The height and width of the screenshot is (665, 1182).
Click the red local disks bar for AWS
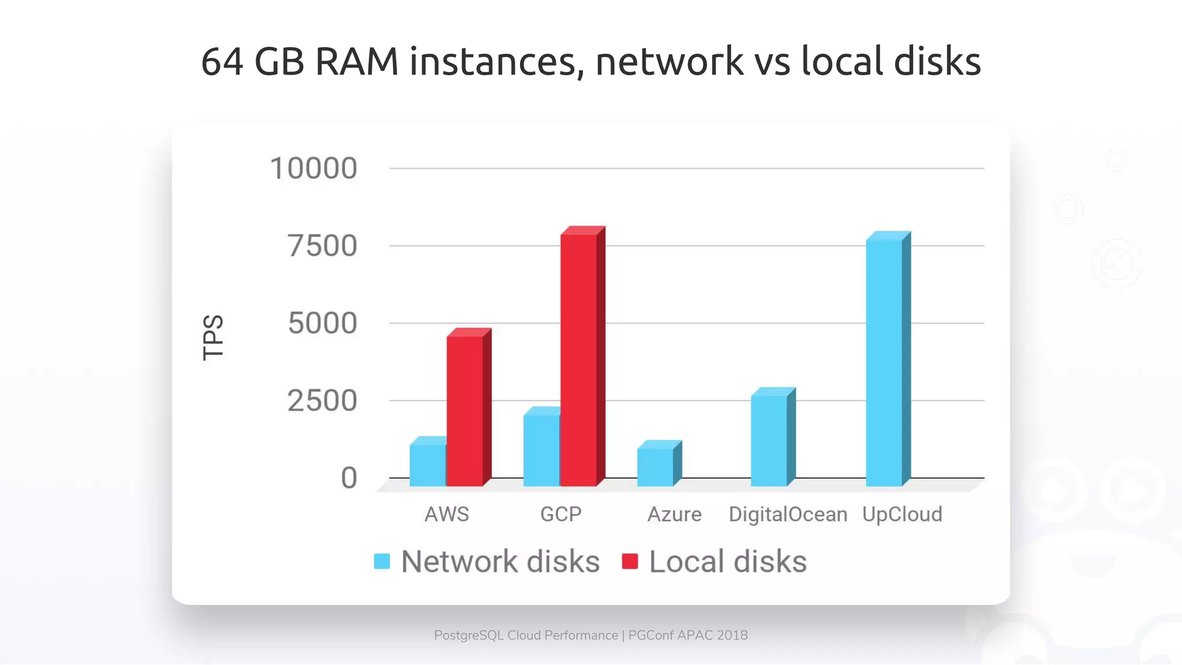point(465,410)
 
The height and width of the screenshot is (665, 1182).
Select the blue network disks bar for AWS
point(428,465)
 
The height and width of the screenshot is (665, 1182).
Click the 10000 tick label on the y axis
point(313,169)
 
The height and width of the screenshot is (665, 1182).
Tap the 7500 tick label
point(323,246)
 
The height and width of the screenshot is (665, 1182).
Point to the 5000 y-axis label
point(323,323)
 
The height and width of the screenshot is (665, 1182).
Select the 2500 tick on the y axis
point(323,401)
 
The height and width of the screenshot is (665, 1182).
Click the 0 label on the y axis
point(349,478)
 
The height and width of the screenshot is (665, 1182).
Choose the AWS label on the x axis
point(447,514)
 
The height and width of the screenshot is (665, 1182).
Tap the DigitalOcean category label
point(788,514)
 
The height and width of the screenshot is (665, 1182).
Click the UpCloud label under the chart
point(902,514)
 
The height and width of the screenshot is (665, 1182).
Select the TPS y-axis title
point(213,338)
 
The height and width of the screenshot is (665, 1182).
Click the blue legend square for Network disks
point(382,561)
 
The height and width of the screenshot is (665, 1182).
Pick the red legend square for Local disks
point(630,561)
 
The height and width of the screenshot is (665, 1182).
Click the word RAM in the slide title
point(357,61)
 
